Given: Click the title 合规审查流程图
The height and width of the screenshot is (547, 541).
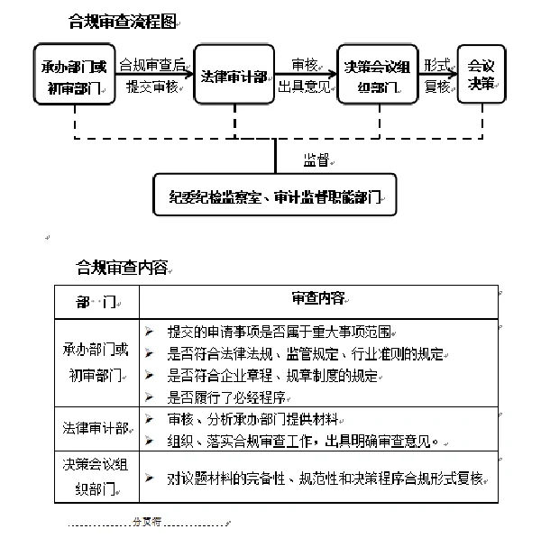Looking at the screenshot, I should pyautogui.click(x=122, y=21).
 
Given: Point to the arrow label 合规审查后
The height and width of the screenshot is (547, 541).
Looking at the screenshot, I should pyautogui.click(x=154, y=65).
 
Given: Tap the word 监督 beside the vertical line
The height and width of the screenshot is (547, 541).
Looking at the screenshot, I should pyautogui.click(x=316, y=159).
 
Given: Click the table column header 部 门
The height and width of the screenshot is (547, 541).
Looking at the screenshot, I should pyautogui.click(x=96, y=299).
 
